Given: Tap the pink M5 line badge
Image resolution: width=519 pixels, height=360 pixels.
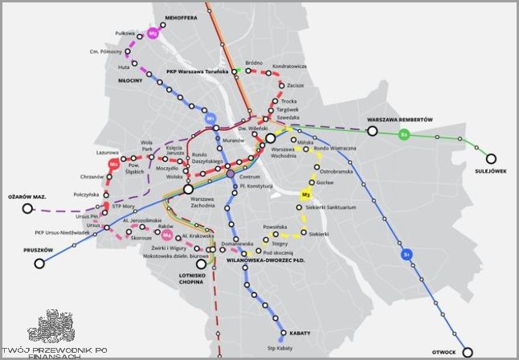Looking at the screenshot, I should coord(153,34).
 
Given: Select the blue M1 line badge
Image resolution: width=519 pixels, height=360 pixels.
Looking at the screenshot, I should coord(211,119).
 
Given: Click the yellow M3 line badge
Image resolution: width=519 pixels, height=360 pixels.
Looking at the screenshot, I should coord(305,194).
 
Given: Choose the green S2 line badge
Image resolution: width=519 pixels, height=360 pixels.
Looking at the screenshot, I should coord(405,135).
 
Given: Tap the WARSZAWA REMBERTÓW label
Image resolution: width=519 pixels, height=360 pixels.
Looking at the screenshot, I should coord(399,119).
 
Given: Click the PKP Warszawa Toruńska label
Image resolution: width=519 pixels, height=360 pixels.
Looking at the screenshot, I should coord(198,71).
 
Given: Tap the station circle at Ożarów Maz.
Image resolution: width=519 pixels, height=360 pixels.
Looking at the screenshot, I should coord(28,209).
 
